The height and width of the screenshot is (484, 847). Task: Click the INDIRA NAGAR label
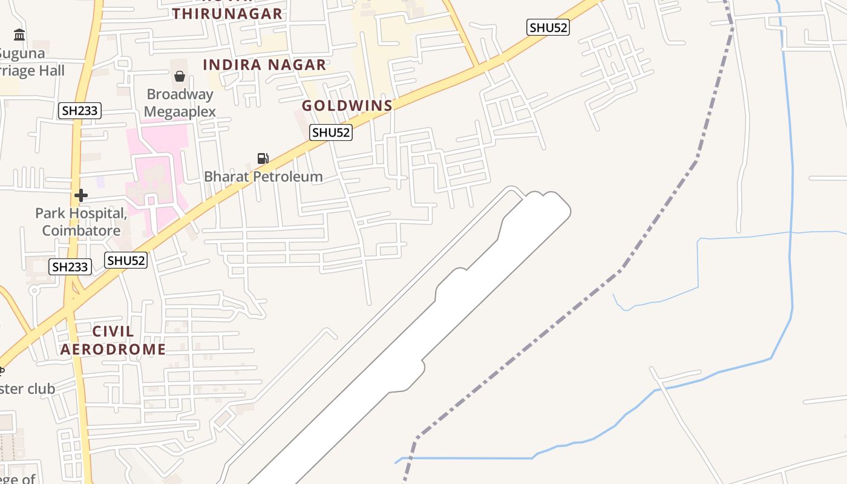[x=264, y=65]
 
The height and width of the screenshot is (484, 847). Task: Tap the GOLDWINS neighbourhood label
[x=347, y=105]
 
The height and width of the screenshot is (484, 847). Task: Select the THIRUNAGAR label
[x=227, y=13]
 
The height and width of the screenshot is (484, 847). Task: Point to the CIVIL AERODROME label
[x=113, y=340]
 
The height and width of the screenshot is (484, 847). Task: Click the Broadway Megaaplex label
[x=180, y=103]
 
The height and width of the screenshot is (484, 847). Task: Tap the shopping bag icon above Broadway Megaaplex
[x=180, y=76]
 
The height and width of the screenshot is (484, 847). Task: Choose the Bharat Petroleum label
[x=263, y=177]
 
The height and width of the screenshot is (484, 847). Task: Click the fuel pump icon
[x=263, y=159]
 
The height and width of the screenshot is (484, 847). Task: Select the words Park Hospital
[x=81, y=213]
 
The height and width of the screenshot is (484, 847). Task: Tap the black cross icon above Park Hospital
[x=81, y=195]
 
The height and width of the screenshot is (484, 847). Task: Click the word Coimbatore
[x=81, y=231]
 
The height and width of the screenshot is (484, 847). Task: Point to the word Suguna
[x=22, y=53]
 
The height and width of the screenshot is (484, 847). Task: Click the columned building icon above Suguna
[x=19, y=35]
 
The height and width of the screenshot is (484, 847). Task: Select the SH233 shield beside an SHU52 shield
[x=70, y=267]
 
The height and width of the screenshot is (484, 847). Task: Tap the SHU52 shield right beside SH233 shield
[x=126, y=261]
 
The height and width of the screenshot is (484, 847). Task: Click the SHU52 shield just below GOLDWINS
[x=331, y=132]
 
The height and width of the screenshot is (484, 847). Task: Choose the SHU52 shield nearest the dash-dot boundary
[x=548, y=27]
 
